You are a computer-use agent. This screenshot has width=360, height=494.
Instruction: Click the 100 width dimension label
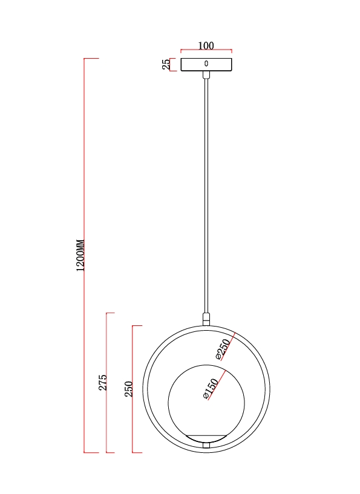tap(206, 46)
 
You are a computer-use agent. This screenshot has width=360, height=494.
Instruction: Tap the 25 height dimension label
tap(166, 64)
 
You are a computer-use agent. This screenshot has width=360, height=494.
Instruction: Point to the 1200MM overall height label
tap(80, 256)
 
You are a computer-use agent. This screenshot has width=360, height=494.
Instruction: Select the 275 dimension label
tap(103, 383)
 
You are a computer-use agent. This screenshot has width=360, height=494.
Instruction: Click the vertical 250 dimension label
tap(129, 389)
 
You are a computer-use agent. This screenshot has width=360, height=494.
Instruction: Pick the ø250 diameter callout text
tap(223, 349)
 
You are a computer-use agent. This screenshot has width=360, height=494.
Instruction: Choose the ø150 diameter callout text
tap(211, 389)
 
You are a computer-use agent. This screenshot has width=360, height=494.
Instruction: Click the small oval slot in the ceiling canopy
tap(206, 63)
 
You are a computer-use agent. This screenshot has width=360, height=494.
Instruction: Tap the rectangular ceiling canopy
tap(206, 65)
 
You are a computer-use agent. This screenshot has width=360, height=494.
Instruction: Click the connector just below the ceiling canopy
tap(206, 74)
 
